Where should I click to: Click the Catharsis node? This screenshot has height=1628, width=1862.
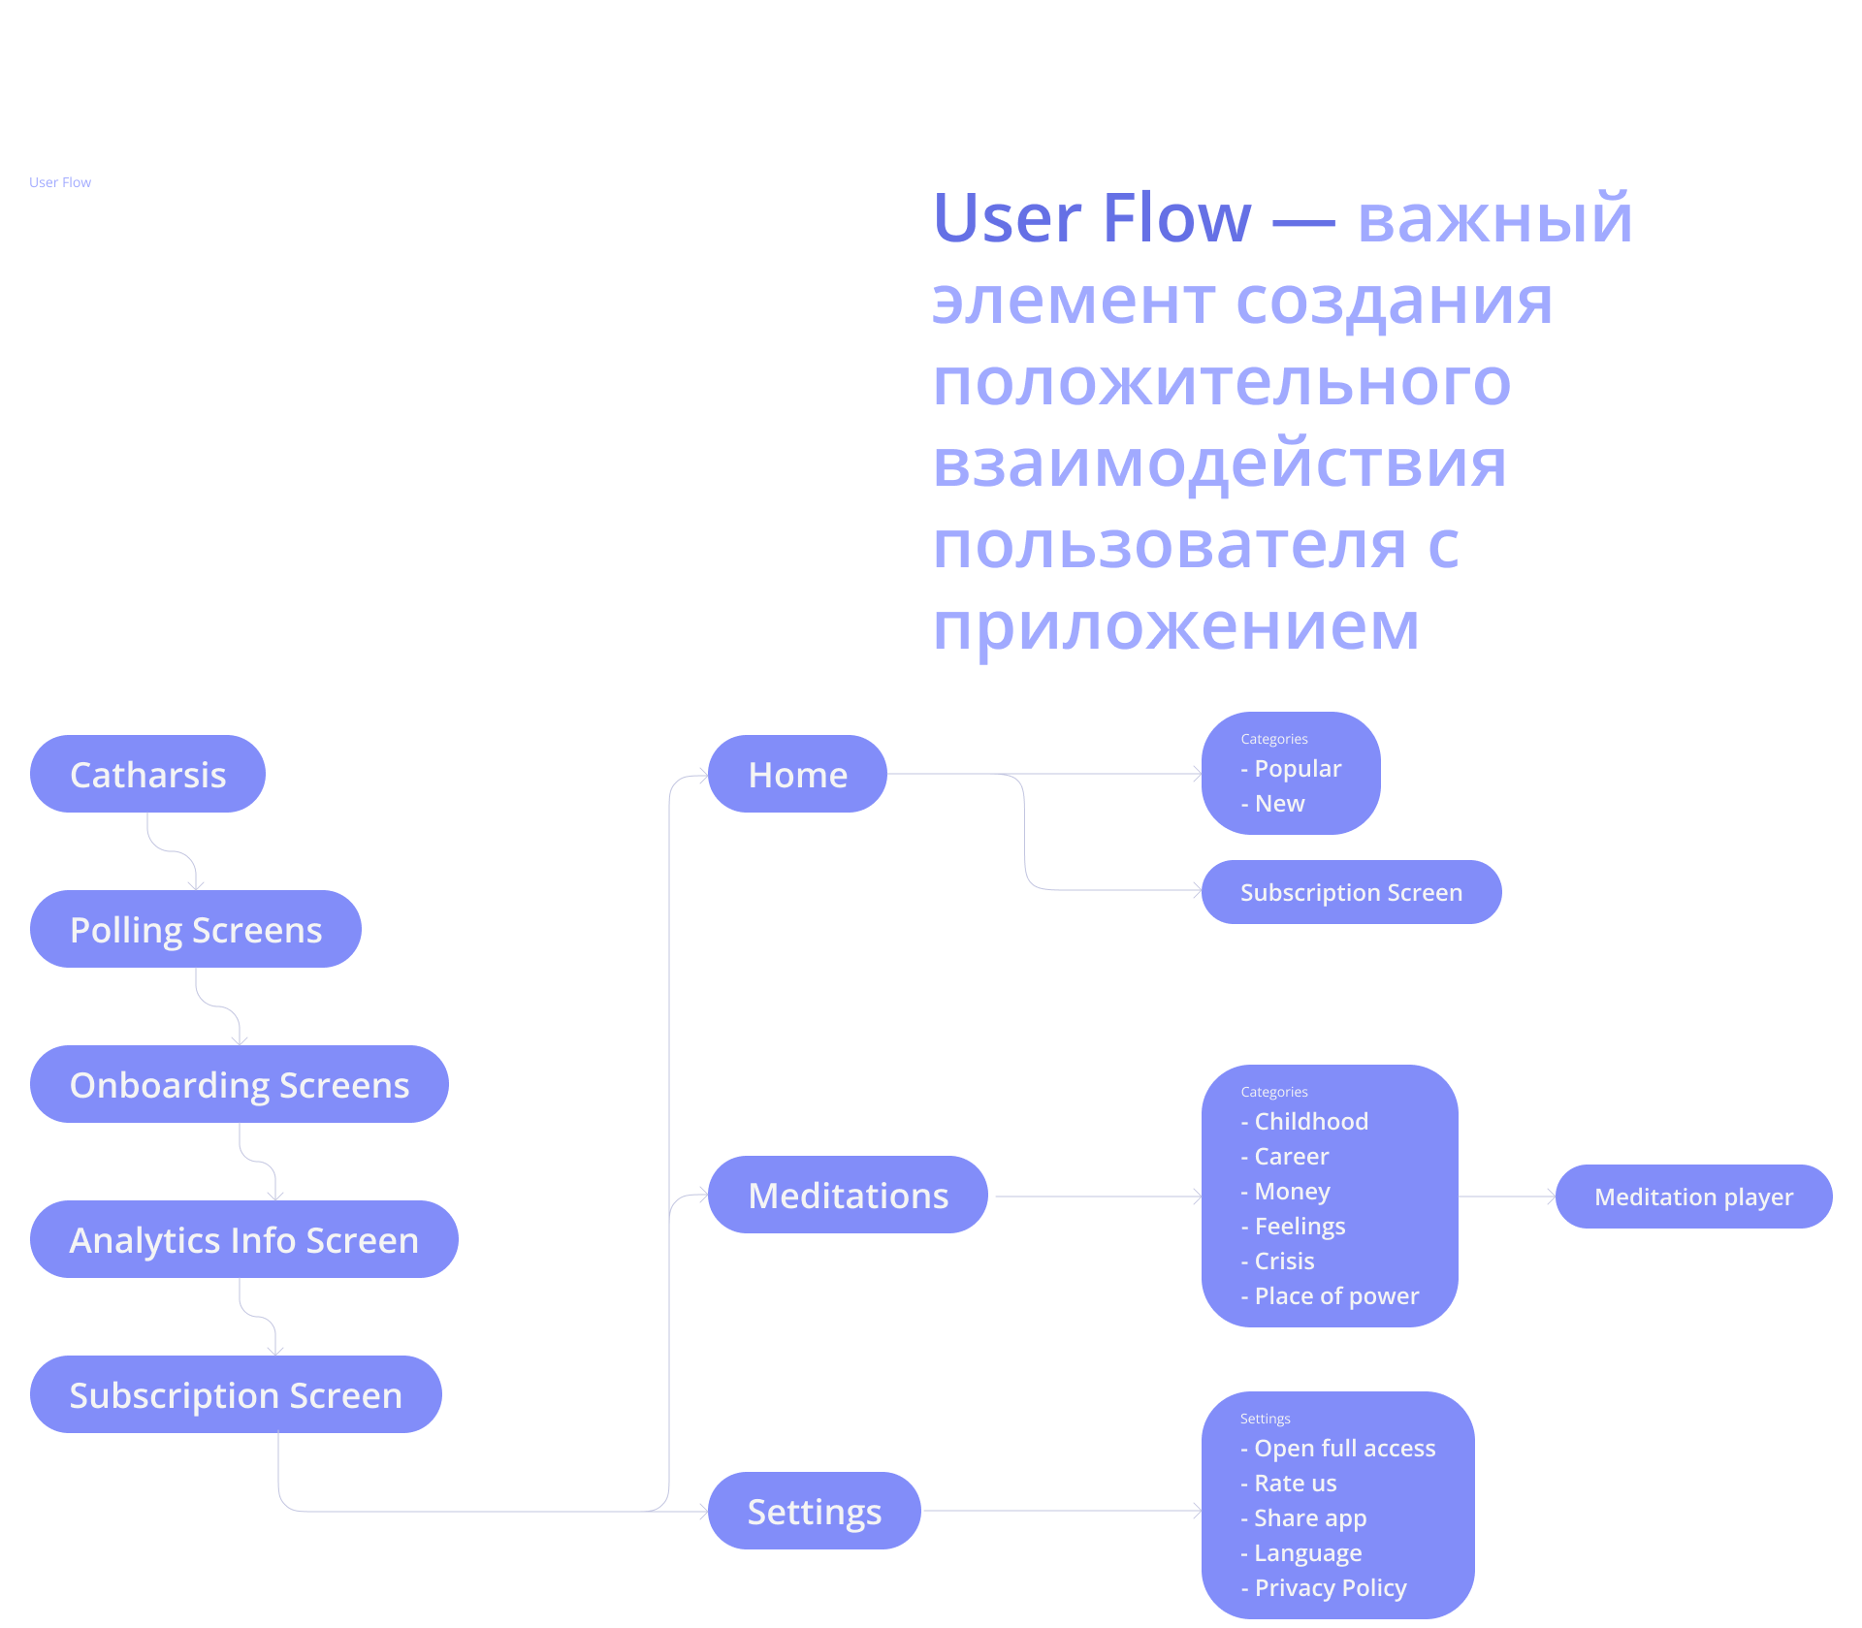(x=147, y=774)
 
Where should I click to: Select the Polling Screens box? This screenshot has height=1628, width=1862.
(x=195, y=929)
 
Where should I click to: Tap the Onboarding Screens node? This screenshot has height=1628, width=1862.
(x=239, y=1084)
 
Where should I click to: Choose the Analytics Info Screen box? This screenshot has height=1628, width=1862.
(x=243, y=1239)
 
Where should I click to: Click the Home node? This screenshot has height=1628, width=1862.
(x=797, y=774)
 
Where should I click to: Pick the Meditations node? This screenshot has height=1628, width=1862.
(x=848, y=1195)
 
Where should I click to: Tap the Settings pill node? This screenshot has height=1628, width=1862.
(x=814, y=1511)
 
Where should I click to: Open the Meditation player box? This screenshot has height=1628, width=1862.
(x=1693, y=1197)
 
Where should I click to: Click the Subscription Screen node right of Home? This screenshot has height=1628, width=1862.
(x=1351, y=892)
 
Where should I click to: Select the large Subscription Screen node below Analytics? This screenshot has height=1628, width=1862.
(x=236, y=1394)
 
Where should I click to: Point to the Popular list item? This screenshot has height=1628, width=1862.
(x=1297, y=769)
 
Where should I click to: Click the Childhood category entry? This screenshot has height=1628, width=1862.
(x=1310, y=1122)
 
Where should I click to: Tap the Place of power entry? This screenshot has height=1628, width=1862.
(x=1335, y=1296)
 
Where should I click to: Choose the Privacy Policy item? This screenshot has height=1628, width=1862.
(x=1330, y=1588)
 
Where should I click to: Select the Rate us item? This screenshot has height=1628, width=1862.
(x=1295, y=1484)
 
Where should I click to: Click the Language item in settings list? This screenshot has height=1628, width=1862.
(x=1307, y=1553)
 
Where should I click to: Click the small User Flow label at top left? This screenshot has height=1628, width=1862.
(x=60, y=182)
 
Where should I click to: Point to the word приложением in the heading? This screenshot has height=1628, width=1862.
(x=1175, y=625)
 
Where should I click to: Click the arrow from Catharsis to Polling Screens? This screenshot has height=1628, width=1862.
(x=173, y=851)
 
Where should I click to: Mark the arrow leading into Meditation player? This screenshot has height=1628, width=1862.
(x=1508, y=1197)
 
